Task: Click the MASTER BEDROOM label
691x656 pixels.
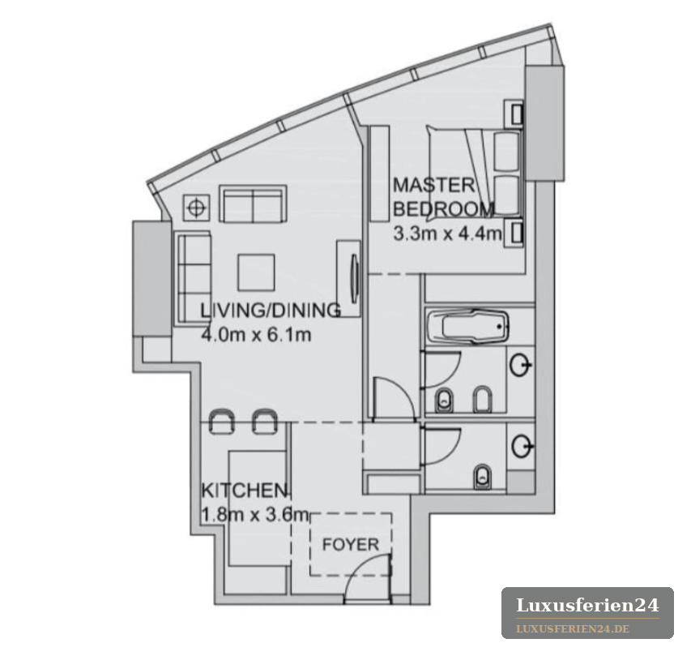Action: click(x=443, y=197)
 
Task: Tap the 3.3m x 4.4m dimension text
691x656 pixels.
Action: click(x=447, y=234)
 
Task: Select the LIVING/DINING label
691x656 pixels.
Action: click(x=271, y=310)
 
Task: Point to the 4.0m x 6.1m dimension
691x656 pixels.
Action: click(x=256, y=335)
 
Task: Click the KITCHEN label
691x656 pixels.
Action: click(x=244, y=490)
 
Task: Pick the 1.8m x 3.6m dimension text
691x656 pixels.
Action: click(x=254, y=514)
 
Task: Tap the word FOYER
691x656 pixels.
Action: click(x=350, y=544)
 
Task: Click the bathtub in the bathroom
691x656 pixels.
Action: click(x=468, y=327)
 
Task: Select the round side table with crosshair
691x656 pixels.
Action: click(x=197, y=208)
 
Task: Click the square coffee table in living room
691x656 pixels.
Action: click(x=256, y=272)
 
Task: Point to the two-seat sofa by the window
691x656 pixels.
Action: click(x=253, y=204)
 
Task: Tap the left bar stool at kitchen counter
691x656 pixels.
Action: click(x=221, y=422)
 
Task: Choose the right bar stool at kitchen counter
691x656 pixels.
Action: click(x=265, y=422)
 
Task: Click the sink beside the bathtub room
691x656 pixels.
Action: click(x=521, y=365)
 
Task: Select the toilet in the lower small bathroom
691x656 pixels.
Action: click(x=483, y=477)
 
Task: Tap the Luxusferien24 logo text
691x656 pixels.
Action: click(x=587, y=605)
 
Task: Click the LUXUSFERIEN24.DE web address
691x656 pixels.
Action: click(x=573, y=628)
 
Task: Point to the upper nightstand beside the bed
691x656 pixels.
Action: click(x=514, y=113)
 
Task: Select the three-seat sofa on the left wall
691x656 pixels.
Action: click(x=194, y=279)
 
